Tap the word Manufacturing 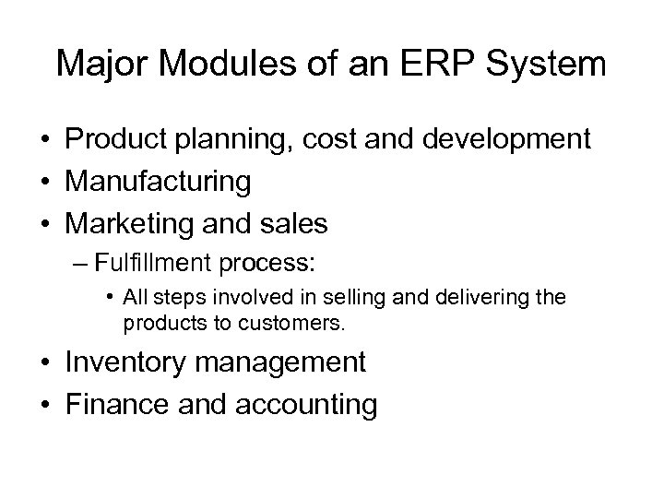coord(158,183)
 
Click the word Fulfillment coord(157,264)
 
